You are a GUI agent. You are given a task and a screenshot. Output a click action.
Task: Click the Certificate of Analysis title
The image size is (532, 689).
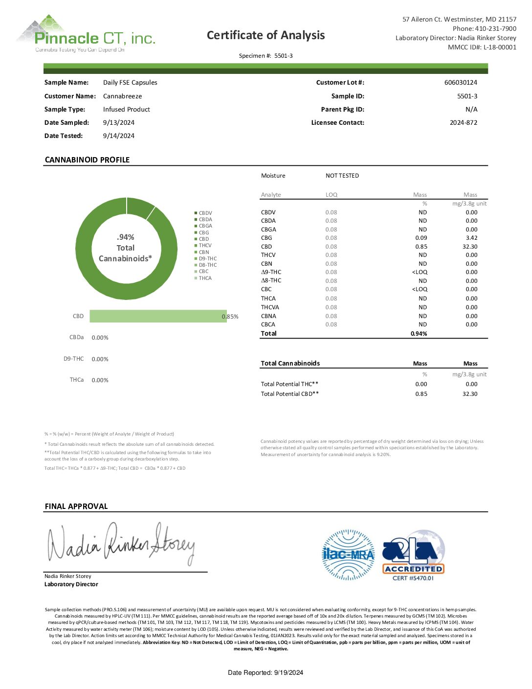(266, 35)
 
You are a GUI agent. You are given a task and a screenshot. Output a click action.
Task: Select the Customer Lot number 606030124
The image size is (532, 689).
(460, 83)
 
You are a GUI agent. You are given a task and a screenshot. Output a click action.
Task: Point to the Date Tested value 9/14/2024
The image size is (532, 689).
(118, 136)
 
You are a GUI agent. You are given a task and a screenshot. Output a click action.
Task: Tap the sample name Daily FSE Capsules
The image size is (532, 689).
(130, 83)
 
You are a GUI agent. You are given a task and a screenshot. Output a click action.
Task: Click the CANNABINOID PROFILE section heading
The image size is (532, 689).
(87, 160)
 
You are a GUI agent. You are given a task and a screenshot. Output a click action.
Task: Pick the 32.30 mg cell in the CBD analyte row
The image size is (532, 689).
(469, 247)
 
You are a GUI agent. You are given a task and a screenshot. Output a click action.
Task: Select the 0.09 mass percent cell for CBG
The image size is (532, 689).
(421, 238)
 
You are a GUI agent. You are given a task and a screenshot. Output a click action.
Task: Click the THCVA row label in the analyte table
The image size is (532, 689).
(270, 307)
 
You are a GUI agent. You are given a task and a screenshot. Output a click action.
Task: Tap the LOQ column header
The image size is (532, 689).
(332, 195)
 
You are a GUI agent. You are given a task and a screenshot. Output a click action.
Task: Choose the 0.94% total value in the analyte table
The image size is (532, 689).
(419, 334)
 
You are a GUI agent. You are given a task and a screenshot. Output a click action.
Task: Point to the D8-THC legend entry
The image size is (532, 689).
(207, 265)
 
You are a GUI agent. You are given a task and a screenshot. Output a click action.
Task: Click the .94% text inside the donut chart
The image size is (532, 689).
(126, 237)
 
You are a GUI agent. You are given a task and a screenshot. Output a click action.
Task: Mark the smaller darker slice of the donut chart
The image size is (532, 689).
(141, 207)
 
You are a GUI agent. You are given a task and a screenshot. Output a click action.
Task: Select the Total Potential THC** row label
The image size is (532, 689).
(289, 384)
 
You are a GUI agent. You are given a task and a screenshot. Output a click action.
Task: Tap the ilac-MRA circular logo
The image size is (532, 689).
(348, 555)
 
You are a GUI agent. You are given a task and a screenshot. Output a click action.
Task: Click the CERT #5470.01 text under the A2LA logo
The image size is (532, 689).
(413, 578)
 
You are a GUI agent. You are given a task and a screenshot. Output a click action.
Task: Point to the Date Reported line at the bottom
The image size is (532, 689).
(266, 673)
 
